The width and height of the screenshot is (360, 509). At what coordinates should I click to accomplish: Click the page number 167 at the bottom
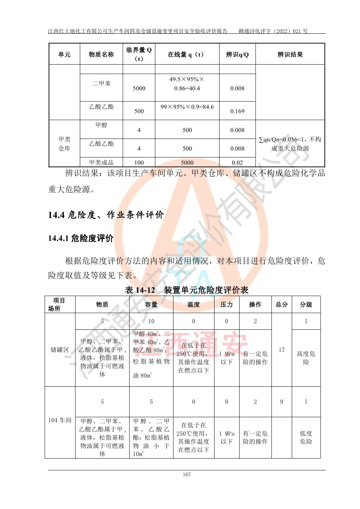pos(187,475)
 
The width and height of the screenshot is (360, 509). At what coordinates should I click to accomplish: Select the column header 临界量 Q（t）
pos(139,54)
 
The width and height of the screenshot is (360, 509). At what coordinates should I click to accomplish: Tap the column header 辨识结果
pos(290,54)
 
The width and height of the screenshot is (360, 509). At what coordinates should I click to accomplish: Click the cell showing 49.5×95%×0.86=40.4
pos(187,84)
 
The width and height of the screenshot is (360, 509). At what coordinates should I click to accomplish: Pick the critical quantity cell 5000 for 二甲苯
pos(139,88)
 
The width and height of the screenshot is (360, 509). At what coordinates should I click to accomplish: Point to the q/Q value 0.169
pos(237,111)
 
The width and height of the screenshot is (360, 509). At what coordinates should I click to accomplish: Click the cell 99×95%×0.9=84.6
pos(187,107)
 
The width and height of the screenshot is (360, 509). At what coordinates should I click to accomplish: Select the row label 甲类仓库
pos(64,144)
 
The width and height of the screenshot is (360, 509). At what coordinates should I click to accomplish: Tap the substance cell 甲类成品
pos(101,163)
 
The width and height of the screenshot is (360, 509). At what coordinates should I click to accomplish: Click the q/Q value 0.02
pos(237,163)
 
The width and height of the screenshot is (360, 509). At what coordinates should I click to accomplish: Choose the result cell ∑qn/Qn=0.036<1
pos(290,144)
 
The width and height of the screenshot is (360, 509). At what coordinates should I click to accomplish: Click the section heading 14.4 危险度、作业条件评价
pos(106,215)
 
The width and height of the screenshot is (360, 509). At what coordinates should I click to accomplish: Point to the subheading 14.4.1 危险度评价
pos(81,238)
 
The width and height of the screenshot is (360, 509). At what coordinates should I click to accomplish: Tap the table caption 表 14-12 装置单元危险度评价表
pos(187,290)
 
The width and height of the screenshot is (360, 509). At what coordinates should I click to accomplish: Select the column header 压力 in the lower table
pos(226,304)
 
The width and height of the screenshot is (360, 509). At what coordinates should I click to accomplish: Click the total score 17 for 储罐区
pos(282,350)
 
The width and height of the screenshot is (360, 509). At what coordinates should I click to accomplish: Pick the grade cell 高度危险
pos(306,358)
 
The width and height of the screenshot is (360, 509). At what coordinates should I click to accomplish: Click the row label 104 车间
pos(60,420)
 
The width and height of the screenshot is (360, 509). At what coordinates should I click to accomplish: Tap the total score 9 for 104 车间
pos(282,402)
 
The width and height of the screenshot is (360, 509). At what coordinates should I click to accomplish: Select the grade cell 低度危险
pos(306,438)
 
